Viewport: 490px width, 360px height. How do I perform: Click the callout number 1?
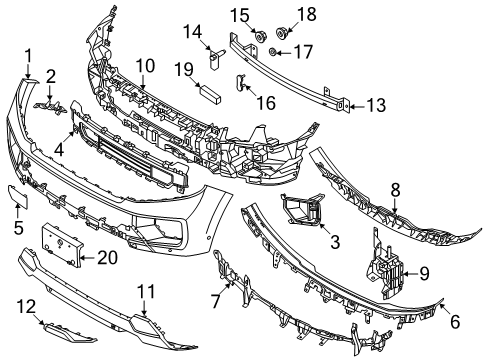(29, 55)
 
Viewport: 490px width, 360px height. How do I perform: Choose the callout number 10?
(145, 66)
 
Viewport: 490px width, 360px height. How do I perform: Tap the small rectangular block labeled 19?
(210, 95)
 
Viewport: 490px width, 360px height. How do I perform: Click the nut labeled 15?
(256, 37)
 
